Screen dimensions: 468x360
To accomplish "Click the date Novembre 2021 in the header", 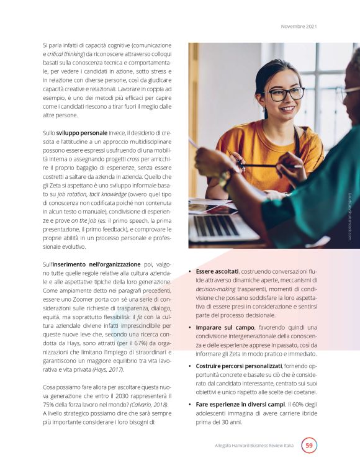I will [x=299, y=26].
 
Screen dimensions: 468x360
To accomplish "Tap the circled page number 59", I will [x=308, y=445].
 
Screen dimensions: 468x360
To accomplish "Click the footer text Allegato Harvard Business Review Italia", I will [x=251, y=446].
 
